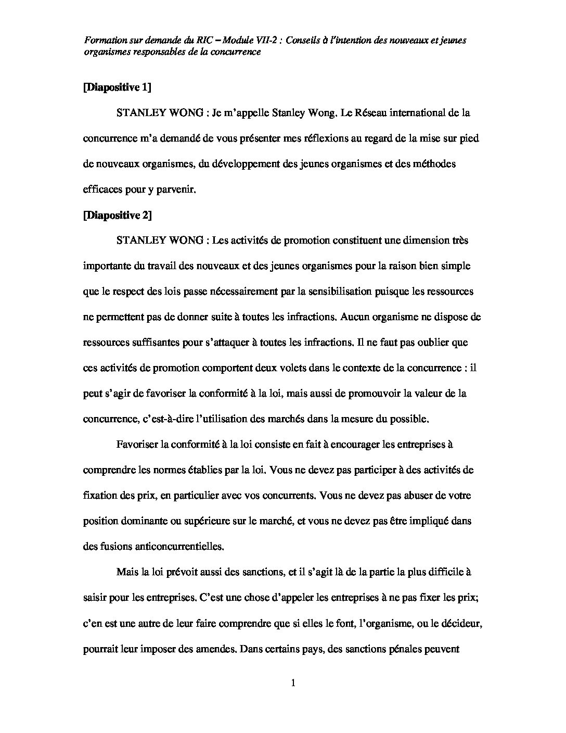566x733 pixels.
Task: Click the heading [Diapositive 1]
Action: coord(117,87)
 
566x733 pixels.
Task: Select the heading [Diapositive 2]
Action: coord(117,215)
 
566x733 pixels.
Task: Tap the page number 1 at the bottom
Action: coord(293,683)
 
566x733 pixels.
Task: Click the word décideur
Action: coord(464,623)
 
